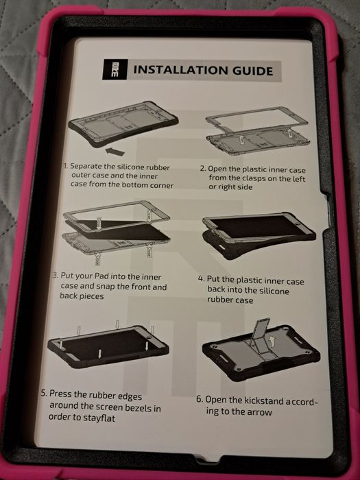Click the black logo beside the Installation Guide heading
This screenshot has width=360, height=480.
[115, 69]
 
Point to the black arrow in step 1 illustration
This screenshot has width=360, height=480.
[115, 152]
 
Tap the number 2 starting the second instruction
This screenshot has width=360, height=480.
[203, 169]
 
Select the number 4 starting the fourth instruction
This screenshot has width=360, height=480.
[200, 279]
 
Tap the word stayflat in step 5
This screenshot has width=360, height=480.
[100, 418]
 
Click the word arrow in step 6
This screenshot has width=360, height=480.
[260, 412]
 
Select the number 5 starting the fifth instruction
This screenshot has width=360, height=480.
[44, 393]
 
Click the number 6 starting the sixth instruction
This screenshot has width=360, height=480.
[199, 400]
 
